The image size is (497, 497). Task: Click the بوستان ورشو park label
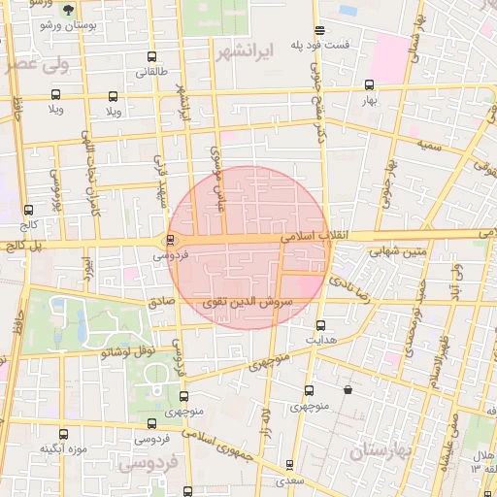click(x=65, y=25)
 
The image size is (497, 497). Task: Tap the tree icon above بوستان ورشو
click(x=66, y=10)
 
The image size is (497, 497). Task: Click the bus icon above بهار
click(x=366, y=85)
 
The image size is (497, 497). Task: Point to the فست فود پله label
click(x=348, y=46)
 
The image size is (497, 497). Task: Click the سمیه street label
click(x=432, y=144)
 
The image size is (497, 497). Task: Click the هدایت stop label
click(x=321, y=342)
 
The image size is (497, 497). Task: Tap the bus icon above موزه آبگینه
click(x=64, y=434)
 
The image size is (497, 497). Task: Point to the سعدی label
click(x=288, y=480)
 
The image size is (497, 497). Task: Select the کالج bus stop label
click(x=26, y=225)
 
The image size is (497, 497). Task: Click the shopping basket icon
click(x=348, y=390)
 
